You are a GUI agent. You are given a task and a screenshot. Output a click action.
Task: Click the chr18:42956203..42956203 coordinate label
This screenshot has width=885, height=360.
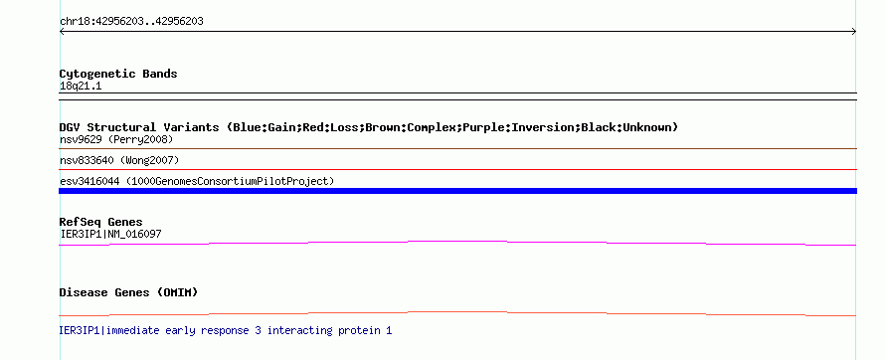pos(131,22)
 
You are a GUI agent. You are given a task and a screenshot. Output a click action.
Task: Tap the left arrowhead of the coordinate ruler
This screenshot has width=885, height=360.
pos(62,32)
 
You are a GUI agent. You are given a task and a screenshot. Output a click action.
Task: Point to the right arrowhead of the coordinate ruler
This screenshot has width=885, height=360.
pos(854,32)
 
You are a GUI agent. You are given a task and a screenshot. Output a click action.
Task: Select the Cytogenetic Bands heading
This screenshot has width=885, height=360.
pos(118,74)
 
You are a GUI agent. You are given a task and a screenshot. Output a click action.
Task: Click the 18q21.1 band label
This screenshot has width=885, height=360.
pos(81,87)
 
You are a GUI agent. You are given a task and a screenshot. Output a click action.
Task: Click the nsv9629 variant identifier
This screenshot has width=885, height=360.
pos(81,139)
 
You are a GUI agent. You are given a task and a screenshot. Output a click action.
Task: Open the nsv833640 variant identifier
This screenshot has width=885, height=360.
pos(87,161)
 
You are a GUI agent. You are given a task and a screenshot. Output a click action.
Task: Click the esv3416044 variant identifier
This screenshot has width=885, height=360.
pos(89,182)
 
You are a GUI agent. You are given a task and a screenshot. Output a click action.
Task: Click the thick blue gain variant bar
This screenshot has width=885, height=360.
pos(457,191)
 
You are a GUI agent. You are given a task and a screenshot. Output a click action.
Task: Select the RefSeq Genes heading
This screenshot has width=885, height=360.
pos(101,223)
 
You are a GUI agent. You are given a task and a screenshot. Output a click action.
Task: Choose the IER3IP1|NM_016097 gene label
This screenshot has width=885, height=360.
pos(110,234)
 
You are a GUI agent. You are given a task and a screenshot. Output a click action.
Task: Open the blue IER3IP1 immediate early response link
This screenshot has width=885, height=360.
pos(225,330)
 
